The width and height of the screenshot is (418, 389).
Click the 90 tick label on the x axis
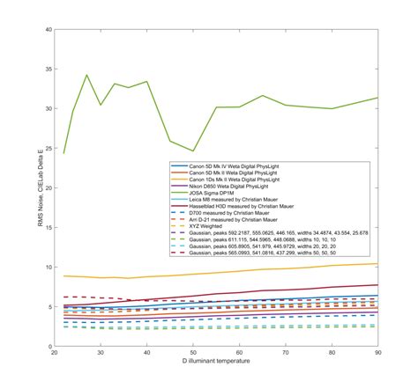377,354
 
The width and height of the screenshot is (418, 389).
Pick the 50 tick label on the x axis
193,354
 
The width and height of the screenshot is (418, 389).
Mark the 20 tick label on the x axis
55,354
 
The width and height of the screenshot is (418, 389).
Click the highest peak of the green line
86,76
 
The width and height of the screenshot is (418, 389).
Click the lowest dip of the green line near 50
193,150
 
